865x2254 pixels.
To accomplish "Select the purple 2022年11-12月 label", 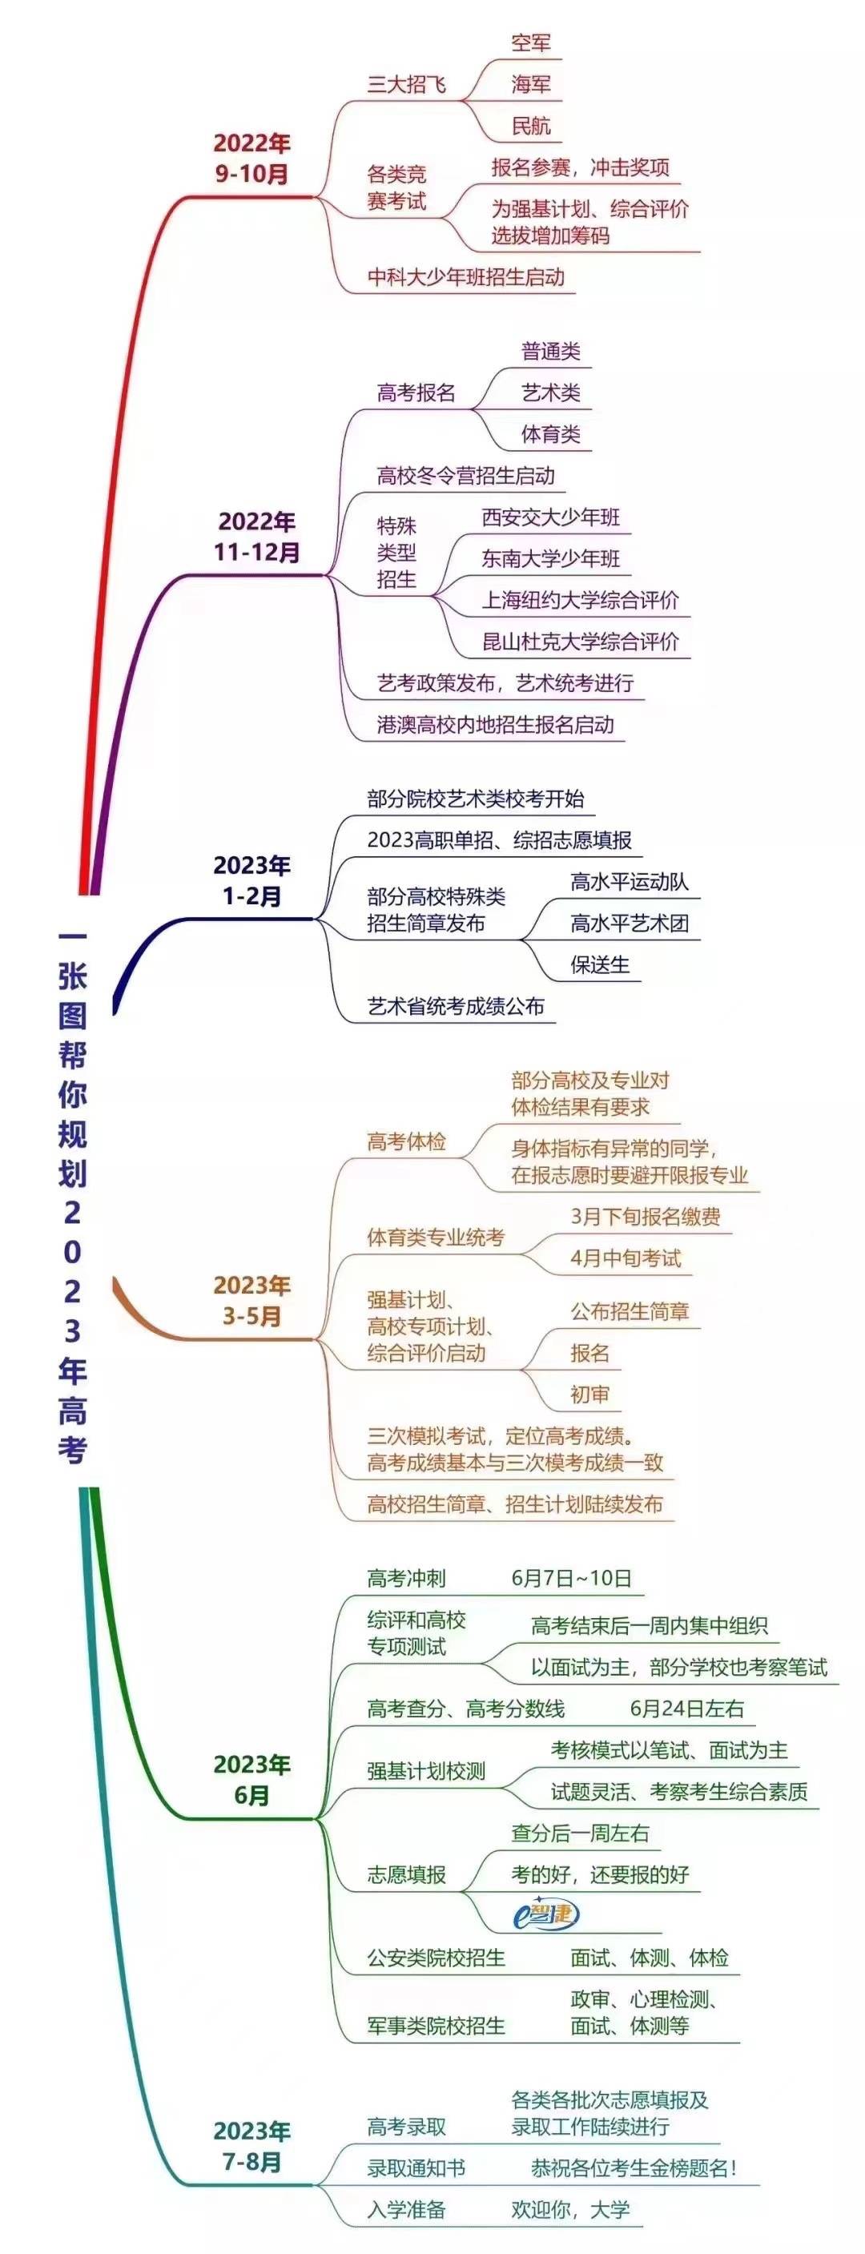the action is (257, 537).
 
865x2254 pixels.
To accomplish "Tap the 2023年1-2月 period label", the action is (251, 880).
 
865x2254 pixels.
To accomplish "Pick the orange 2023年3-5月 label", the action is (251, 1300).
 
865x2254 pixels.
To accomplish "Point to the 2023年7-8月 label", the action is (251, 2147).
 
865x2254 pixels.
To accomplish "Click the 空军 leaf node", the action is (531, 43).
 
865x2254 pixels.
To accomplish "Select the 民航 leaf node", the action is (531, 126).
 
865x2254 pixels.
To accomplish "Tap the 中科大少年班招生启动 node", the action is (465, 277).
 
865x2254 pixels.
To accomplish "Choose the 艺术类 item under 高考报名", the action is (551, 392).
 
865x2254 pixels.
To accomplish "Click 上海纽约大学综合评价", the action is (580, 600).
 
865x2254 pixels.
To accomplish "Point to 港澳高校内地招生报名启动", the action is (495, 724).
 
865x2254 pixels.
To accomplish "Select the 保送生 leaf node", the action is (600, 965).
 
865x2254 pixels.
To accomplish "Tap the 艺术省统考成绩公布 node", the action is (456, 1006).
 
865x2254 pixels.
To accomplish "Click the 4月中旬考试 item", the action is (626, 1258).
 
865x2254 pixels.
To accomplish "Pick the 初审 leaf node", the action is (589, 1395).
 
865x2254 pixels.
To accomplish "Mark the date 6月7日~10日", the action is (571, 1579).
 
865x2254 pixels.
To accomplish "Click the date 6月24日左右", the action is (686, 1708).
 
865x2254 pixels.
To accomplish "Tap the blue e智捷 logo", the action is (545, 1915).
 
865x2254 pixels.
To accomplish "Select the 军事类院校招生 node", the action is (436, 2026).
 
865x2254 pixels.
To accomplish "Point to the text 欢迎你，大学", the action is (570, 2210).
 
